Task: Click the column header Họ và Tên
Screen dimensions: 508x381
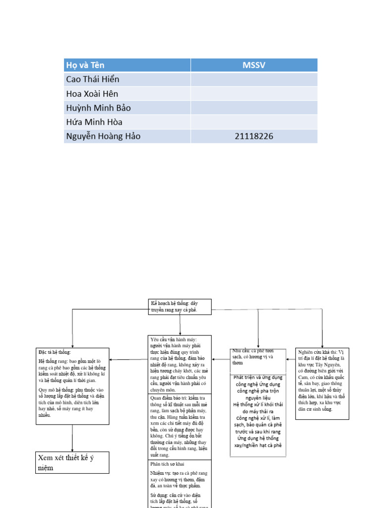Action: (85, 65)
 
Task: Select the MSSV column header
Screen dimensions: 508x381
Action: (254, 65)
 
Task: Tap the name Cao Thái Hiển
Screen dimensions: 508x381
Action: (92, 79)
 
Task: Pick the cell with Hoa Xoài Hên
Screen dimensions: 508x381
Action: (92, 94)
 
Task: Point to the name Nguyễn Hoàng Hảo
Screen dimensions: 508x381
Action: (103, 136)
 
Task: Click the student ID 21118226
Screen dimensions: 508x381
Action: (254, 136)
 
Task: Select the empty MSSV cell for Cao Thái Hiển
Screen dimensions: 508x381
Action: (254, 79)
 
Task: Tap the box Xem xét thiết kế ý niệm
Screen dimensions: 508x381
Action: (72, 462)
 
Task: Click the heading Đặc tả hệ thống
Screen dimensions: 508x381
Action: (55, 352)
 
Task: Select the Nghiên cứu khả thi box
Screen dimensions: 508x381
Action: (322, 383)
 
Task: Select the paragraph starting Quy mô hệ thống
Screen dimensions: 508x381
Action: (72, 402)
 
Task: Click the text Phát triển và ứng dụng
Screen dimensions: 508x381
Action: (258, 378)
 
